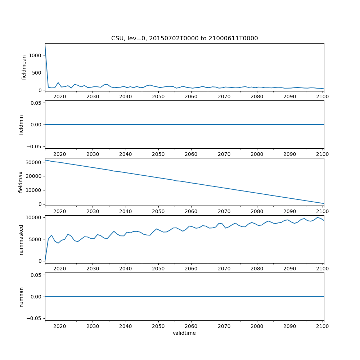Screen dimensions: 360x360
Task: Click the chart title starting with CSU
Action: (184, 39)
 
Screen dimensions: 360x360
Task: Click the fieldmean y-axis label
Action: (24, 67)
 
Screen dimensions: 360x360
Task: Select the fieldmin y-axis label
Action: (21, 124)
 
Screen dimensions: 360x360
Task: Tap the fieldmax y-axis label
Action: (21, 182)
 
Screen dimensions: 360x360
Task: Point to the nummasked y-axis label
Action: (21, 240)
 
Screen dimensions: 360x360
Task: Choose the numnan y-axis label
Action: (21, 297)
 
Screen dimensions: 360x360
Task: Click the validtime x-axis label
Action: (184, 333)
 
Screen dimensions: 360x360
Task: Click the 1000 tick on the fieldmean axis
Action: (36, 55)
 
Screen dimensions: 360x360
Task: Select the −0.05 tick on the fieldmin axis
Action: (35, 146)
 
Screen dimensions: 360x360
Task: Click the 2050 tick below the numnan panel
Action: (158, 326)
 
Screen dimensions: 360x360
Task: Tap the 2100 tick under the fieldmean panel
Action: (323, 96)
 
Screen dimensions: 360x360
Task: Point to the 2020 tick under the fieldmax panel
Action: (60, 211)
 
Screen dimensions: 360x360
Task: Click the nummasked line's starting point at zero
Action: (45, 261)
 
